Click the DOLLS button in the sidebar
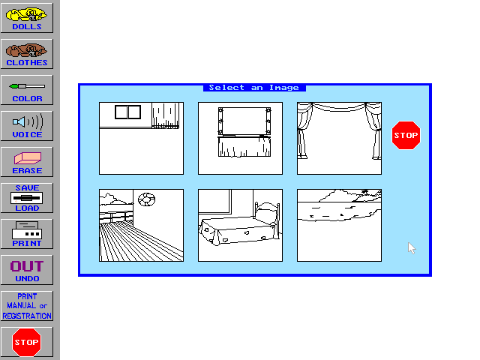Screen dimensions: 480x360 (x=27, y=18)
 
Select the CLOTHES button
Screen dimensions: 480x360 (x=27, y=54)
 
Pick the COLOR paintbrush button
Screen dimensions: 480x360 (x=27, y=90)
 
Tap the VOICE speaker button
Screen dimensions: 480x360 (x=27, y=126)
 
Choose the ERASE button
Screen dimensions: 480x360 (x=27, y=162)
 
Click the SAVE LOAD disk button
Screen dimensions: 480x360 (x=27, y=198)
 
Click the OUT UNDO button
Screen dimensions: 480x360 (x=27, y=270)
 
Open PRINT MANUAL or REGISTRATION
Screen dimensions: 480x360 (x=27, y=306)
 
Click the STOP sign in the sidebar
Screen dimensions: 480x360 (x=27, y=342)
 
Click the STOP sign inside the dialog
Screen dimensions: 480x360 (x=406, y=135)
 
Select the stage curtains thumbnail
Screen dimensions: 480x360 (x=339, y=138)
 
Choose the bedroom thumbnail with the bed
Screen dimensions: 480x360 (x=240, y=225)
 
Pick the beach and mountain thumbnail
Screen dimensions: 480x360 (x=339, y=225)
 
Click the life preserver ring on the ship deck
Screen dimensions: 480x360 (x=147, y=199)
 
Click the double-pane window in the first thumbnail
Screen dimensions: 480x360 (x=128, y=112)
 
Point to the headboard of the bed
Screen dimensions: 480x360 (x=267, y=211)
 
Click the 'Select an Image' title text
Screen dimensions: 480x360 (x=253, y=88)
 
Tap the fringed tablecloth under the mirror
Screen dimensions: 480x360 (x=244, y=147)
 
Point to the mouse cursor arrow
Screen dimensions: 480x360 (x=412, y=248)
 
